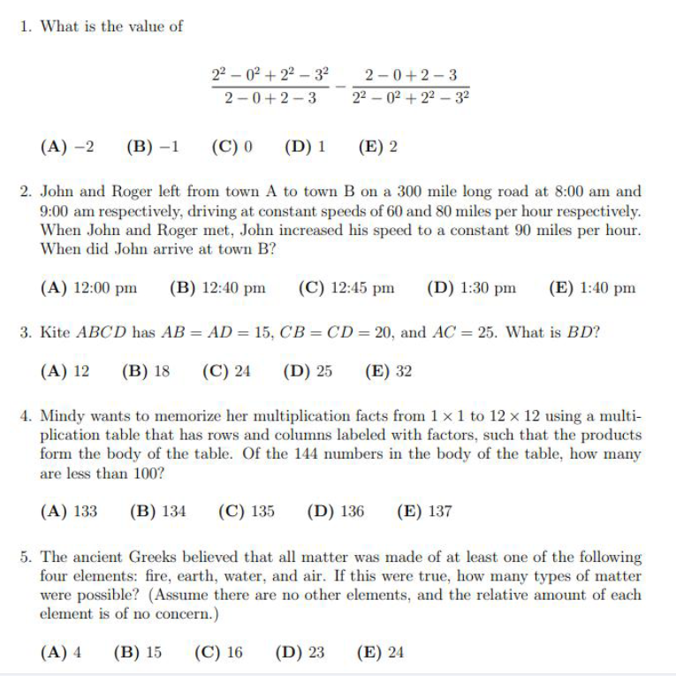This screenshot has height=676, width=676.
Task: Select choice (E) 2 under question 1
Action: (x=377, y=146)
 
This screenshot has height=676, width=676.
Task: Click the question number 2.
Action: (x=26, y=191)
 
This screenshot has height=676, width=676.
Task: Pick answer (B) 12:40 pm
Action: (x=217, y=287)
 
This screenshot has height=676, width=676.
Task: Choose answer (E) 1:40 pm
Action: (x=592, y=287)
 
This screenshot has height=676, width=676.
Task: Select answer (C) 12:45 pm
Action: (x=346, y=287)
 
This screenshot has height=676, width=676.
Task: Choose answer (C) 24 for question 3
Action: (x=226, y=371)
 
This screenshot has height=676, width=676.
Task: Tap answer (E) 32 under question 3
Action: (x=388, y=371)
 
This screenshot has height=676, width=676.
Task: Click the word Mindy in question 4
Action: (x=61, y=416)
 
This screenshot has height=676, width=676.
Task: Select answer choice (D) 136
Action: (x=336, y=511)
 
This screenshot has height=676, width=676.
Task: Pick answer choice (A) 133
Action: (x=69, y=511)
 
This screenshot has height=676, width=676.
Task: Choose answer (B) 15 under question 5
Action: (x=138, y=653)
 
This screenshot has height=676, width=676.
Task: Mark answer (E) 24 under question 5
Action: (x=380, y=653)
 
